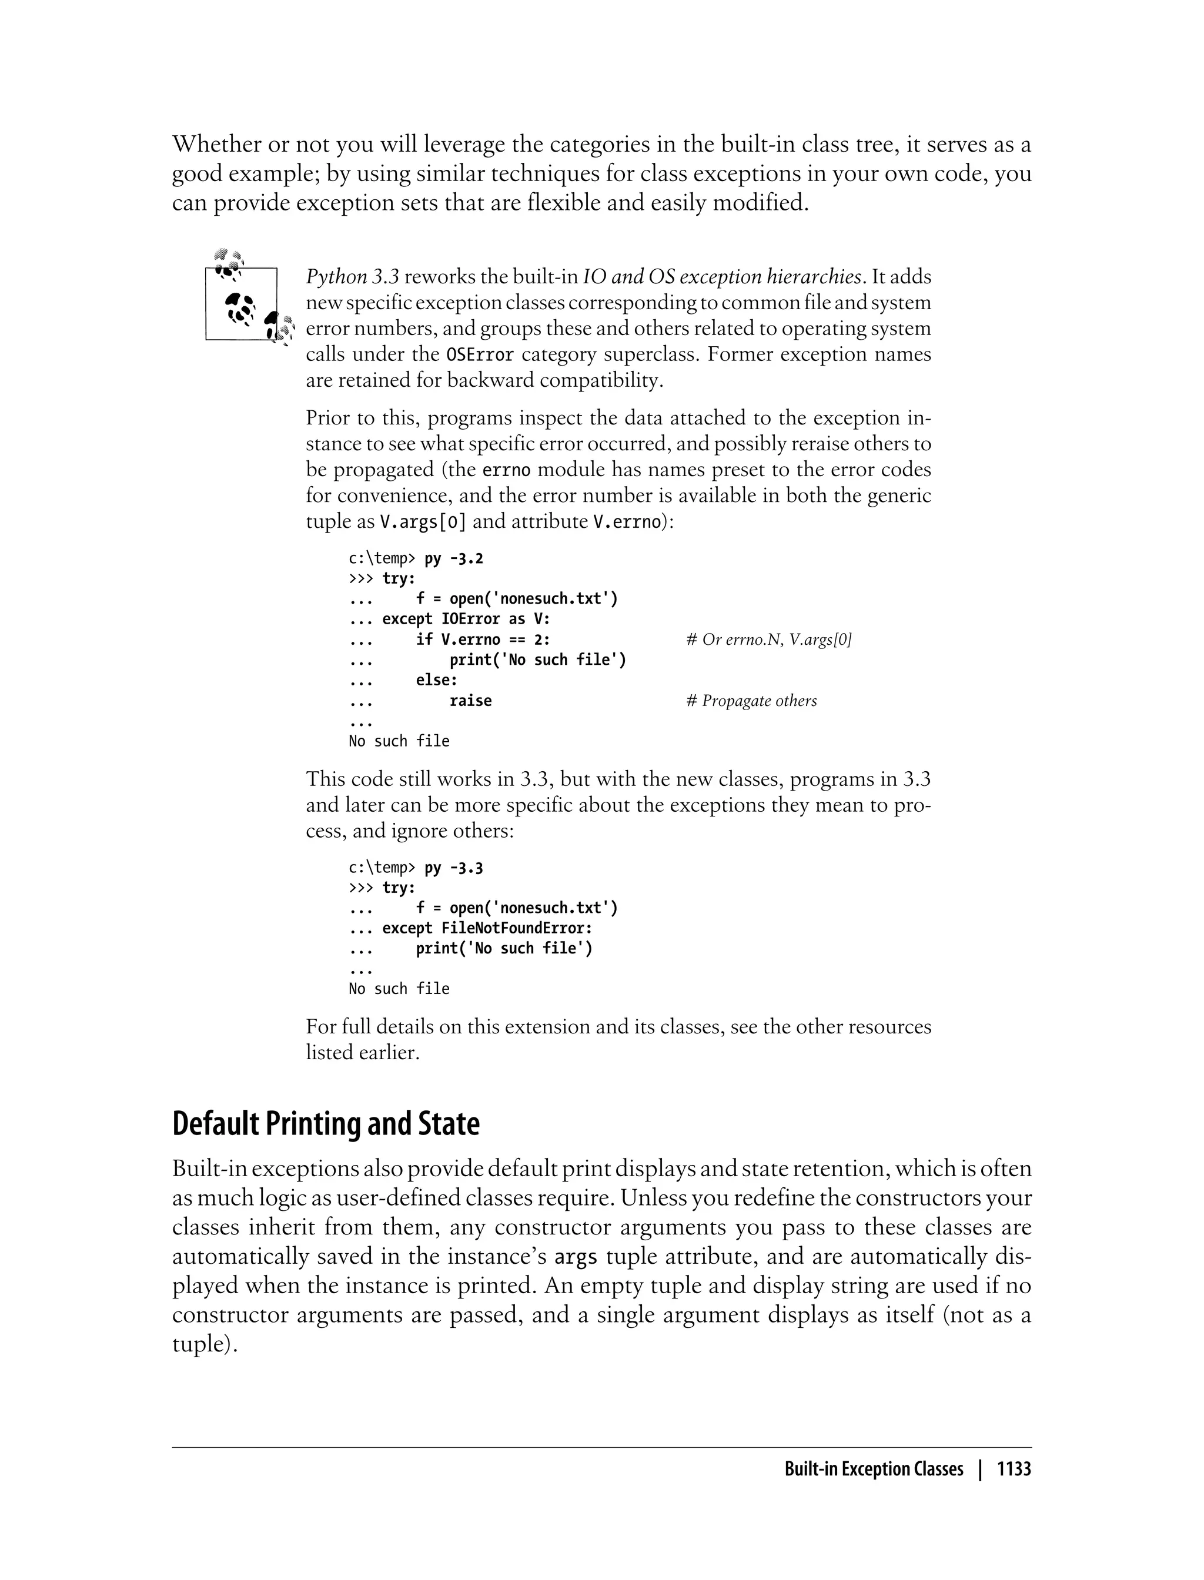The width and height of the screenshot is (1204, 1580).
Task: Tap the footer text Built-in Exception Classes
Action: coord(873,1469)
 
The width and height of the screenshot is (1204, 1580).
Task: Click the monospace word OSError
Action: coord(480,354)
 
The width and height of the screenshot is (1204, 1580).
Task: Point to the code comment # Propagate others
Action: coord(751,701)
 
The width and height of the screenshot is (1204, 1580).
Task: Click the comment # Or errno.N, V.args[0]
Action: coord(768,640)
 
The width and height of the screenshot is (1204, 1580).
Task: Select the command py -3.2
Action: coord(454,558)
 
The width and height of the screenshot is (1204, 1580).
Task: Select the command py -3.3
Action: coord(454,868)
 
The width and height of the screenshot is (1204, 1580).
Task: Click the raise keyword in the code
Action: coord(470,701)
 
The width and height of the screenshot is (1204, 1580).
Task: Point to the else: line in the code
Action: coord(436,679)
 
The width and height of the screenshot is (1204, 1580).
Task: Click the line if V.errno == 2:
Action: coord(483,640)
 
